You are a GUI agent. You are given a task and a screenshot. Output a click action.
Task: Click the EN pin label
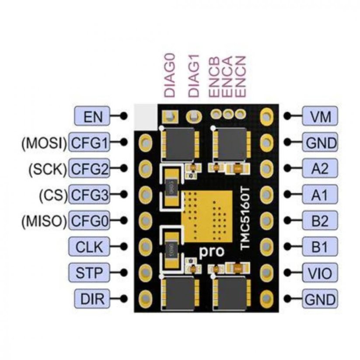[92, 116]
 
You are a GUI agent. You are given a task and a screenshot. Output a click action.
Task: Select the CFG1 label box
[89, 142]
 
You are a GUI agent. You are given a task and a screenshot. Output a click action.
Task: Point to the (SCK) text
[48, 169]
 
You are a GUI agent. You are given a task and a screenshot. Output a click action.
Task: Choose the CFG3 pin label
[89, 195]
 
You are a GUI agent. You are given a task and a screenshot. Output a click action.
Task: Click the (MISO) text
[44, 221]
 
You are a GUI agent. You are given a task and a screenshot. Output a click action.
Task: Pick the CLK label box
[89, 247]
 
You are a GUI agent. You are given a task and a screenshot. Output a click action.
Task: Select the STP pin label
[89, 273]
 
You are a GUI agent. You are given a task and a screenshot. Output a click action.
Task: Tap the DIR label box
[92, 298]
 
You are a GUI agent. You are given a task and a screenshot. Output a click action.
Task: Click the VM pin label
[320, 116]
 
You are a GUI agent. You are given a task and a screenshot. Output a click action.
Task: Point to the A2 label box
[320, 168]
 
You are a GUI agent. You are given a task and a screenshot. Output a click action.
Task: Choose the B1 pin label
[320, 247]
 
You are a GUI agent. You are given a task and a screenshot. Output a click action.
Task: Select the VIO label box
[320, 273]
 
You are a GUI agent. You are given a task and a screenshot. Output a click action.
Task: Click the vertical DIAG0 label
[170, 75]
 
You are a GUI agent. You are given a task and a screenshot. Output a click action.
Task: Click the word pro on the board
[211, 252]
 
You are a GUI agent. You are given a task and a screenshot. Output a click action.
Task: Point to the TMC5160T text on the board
[245, 219]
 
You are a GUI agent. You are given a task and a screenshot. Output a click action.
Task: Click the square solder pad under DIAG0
[170, 116]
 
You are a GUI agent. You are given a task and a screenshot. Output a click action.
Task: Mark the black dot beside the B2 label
[287, 220]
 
